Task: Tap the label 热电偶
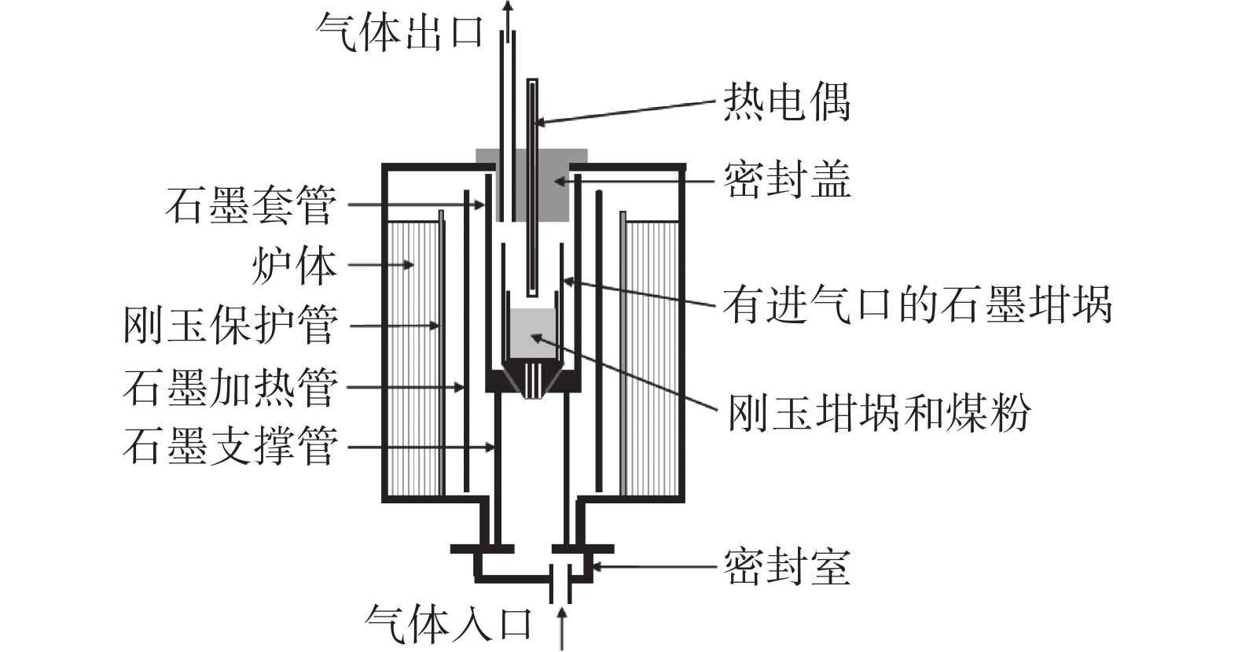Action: coord(786,103)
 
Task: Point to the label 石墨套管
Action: coord(251,205)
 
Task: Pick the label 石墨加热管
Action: coord(230,387)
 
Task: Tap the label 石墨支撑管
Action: coord(230,447)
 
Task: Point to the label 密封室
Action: coord(786,565)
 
